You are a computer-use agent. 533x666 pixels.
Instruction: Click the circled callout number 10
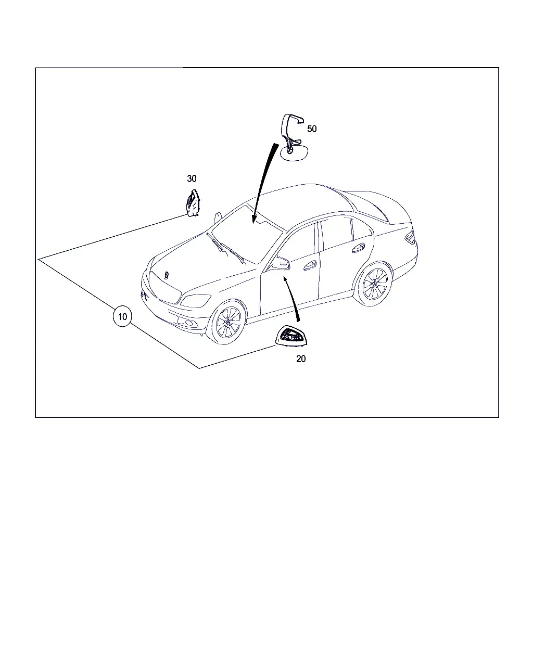[x=122, y=316]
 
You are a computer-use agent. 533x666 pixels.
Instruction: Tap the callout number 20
[x=301, y=358]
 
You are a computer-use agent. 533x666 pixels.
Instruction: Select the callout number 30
[x=192, y=178]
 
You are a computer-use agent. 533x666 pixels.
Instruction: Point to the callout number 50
[x=312, y=129]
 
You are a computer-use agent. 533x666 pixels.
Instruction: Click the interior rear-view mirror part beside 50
[x=293, y=138]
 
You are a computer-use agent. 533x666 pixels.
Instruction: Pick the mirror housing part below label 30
[x=193, y=203]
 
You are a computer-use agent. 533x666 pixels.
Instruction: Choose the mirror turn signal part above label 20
[x=291, y=336]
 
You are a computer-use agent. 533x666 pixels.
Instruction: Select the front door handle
[x=310, y=265]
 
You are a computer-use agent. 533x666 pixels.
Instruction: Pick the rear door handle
[x=358, y=248]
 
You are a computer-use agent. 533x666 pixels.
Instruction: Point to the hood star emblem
[x=167, y=275]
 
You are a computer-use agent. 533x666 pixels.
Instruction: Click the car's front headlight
[x=195, y=300]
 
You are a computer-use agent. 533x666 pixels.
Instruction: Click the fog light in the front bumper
[x=188, y=323]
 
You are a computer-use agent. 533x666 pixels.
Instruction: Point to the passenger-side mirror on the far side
[x=218, y=217]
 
